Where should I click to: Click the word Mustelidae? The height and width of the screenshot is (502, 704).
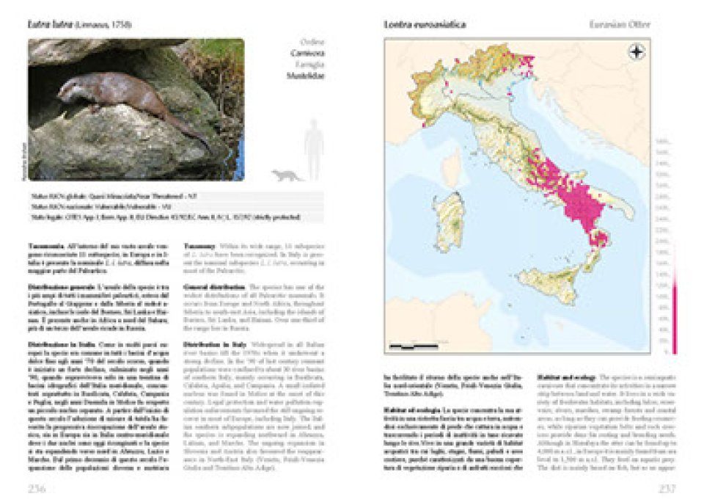(x=307, y=75)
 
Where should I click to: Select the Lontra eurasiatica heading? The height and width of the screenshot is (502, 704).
(x=426, y=26)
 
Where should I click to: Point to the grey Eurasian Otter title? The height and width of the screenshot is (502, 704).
(x=620, y=26)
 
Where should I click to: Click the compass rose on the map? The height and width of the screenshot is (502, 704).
(x=636, y=52)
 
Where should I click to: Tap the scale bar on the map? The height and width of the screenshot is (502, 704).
(x=410, y=344)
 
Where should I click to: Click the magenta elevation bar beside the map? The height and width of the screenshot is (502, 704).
(x=674, y=316)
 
